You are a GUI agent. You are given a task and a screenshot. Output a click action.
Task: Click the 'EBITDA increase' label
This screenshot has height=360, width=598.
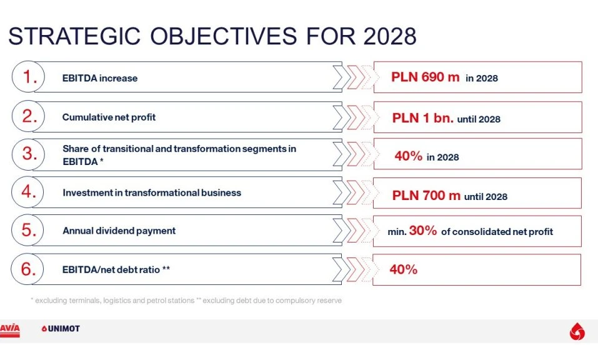pyautogui.click(x=100, y=78)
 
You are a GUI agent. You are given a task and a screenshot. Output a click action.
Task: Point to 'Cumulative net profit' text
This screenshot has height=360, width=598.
pyautogui.click(x=109, y=117)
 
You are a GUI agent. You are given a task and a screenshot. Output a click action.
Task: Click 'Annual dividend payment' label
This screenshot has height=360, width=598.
pyautogui.click(x=119, y=231)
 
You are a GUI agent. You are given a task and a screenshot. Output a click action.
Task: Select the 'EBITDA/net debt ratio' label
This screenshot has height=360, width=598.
pyautogui.click(x=111, y=269)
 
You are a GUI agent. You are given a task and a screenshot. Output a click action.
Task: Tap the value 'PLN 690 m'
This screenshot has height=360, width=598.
pyautogui.click(x=426, y=77)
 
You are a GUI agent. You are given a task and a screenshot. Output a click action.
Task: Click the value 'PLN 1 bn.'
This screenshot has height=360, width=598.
pyautogui.click(x=423, y=118)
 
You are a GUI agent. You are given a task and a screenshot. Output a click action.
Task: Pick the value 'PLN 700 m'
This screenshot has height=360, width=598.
pyautogui.click(x=426, y=196)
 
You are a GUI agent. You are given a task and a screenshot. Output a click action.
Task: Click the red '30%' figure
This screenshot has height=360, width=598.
pyautogui.click(x=423, y=231)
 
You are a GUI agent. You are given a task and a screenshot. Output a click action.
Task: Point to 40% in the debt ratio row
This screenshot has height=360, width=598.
pyautogui.click(x=404, y=269)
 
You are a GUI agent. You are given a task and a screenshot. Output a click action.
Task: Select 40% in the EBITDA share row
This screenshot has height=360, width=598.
pyautogui.click(x=409, y=156)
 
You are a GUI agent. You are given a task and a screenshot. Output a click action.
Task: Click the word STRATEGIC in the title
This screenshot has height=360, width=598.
pyautogui.click(x=74, y=36)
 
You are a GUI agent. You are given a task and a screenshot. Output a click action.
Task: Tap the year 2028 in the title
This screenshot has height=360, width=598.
pyautogui.click(x=390, y=36)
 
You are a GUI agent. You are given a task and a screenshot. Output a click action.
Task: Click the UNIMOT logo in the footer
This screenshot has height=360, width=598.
pyautogui.click(x=61, y=328)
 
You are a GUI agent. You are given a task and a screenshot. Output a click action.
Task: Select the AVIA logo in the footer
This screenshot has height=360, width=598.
pyautogui.click(x=9, y=330)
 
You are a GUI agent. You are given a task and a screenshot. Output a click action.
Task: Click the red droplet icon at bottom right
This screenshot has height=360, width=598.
pyautogui.click(x=577, y=331)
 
